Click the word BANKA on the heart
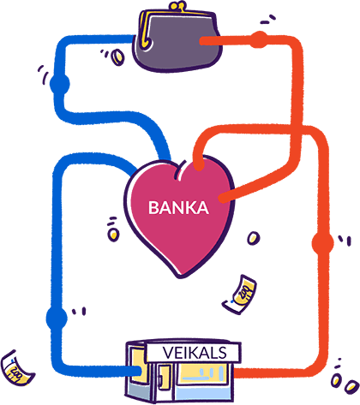tap(178, 208)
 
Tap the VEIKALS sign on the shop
tap(195, 353)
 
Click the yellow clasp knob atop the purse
tap(177, 6)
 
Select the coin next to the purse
tap(117, 57)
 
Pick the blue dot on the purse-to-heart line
tap(60, 84)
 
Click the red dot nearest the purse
tap(259, 39)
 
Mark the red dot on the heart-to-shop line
tap(322, 243)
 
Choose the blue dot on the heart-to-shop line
tap(57, 318)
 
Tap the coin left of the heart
tap(113, 235)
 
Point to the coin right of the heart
tap(253, 238)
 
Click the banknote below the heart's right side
tap(240, 295)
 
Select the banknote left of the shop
tap(17, 369)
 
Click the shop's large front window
tap(202, 374)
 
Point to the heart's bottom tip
tap(180, 277)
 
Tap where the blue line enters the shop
tap(140, 371)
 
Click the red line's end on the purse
tap(202, 41)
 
